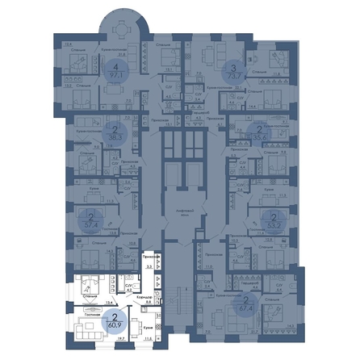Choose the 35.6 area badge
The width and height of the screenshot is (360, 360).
pos(258,132)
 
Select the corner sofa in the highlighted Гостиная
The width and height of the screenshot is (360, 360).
pos(83,329)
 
